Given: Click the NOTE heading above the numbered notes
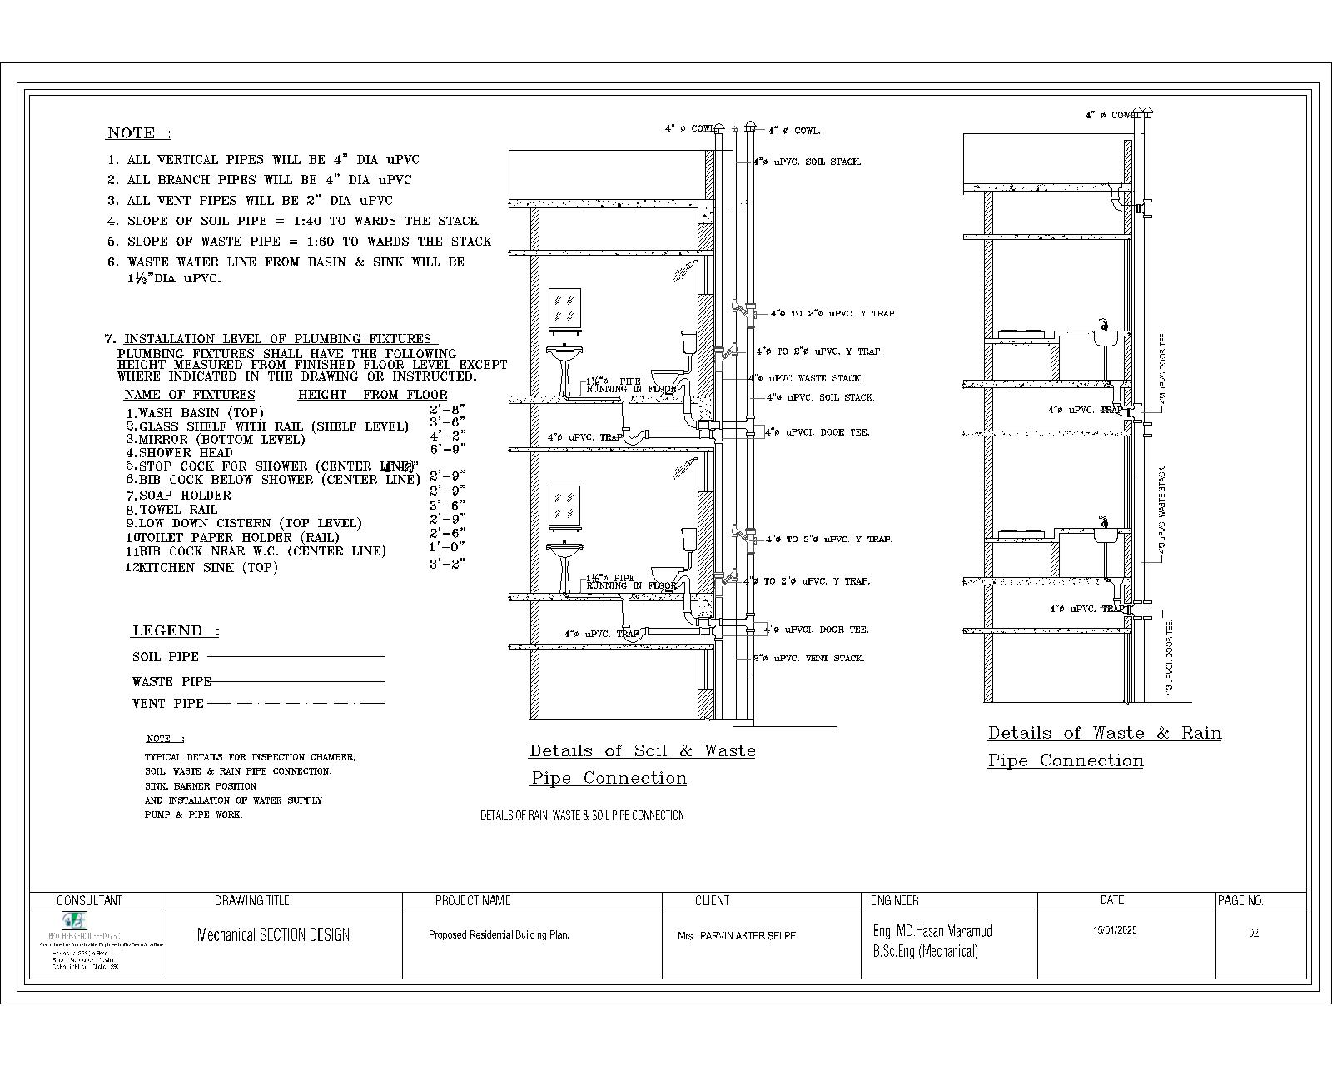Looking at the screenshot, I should (138, 133).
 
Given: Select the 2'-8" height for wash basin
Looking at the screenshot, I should (447, 409).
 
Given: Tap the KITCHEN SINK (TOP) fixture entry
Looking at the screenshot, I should (208, 568).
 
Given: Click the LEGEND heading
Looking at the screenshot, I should (176, 630).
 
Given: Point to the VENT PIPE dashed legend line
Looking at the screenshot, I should (296, 704).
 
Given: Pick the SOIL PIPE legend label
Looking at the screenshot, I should (166, 657).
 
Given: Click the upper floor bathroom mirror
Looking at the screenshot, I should (565, 306).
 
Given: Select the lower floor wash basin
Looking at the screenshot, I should (564, 553).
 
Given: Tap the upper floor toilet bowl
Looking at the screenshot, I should (666, 375).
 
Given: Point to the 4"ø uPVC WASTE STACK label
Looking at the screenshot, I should (804, 378).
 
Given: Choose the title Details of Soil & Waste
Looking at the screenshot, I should (642, 750).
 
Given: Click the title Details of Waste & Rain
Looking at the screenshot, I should (1104, 733).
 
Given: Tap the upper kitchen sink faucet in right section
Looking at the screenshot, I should (1104, 324).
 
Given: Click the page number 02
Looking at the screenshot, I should (1253, 933).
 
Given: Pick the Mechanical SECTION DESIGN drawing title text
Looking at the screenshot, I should (273, 934).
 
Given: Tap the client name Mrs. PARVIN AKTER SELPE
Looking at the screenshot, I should (736, 935).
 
